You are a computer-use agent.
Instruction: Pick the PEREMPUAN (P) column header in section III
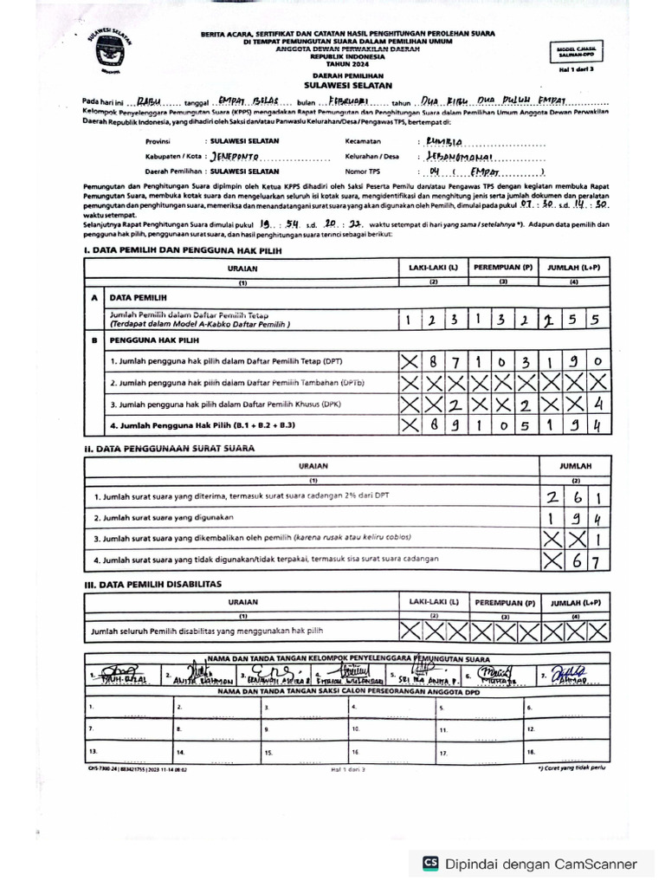503,601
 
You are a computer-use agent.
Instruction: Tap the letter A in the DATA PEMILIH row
93,296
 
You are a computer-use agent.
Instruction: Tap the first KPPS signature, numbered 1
121,675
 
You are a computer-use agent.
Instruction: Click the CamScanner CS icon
430,864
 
